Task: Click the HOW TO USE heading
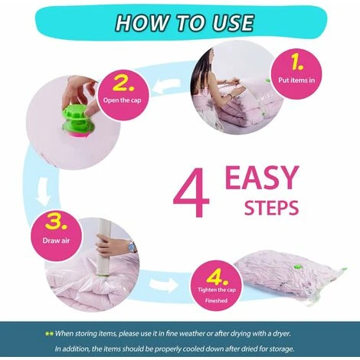(x=185, y=23)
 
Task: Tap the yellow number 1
(x=296, y=63)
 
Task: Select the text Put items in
(x=296, y=80)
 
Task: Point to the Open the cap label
(x=122, y=100)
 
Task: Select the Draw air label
(x=56, y=241)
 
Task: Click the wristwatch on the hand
(x=133, y=247)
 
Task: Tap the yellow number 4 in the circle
(x=217, y=277)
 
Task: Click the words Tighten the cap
(x=217, y=290)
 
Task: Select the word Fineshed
(x=216, y=300)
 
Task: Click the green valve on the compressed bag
(x=297, y=267)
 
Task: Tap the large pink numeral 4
(x=191, y=193)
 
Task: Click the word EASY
(x=262, y=177)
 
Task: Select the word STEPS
(x=271, y=208)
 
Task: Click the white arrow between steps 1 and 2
(x=169, y=86)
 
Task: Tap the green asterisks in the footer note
(x=49, y=333)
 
